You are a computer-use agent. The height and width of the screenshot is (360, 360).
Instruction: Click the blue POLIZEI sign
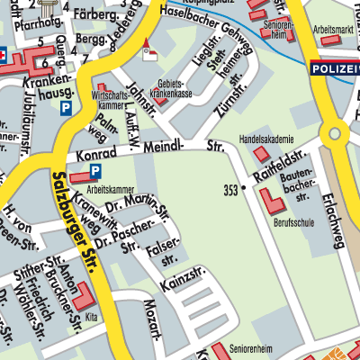334,67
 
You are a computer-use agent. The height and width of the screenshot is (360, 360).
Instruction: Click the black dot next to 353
242,188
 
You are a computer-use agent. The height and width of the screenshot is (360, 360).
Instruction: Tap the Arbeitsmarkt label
333,30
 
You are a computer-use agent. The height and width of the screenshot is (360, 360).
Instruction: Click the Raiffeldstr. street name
275,166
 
